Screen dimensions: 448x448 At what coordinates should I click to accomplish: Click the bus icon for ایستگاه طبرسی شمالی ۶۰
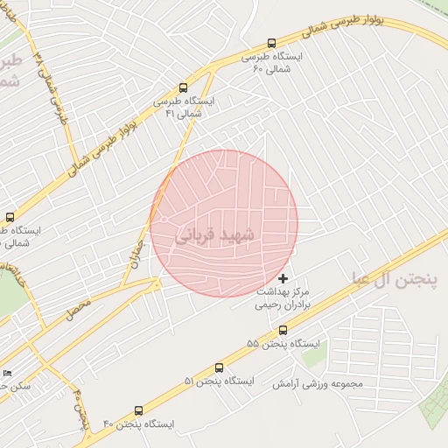pos(271,43)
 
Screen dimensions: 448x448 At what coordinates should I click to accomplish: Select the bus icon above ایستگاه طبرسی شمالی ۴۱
pos(183,87)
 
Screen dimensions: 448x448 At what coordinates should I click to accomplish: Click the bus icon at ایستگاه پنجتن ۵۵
pos(283,330)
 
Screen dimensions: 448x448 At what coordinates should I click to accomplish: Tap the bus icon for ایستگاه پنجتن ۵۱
pos(219,368)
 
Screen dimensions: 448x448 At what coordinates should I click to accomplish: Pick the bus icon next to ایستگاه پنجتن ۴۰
pos(139,410)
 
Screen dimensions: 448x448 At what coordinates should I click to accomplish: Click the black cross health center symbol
pos(282,278)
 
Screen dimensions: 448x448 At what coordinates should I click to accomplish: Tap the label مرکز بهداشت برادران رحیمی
pos(289,299)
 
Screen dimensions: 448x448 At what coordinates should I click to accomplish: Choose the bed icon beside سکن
pos(9,374)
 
